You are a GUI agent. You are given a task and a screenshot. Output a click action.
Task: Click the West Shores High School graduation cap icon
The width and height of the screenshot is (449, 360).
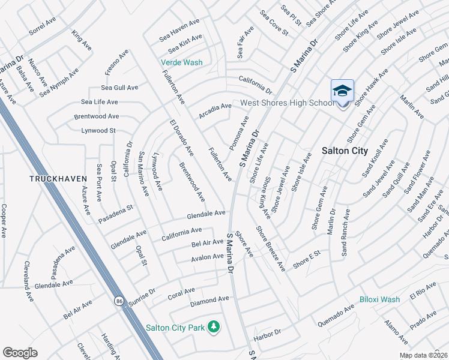(342, 91)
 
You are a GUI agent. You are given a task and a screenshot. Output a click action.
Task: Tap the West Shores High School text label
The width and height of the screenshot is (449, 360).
(287, 103)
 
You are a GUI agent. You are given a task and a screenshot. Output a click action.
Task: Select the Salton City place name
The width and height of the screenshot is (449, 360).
(345, 151)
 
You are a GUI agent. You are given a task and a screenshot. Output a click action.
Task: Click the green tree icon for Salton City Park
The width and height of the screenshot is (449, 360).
(214, 327)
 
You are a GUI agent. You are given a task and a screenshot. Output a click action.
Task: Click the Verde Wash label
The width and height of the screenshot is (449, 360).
(181, 62)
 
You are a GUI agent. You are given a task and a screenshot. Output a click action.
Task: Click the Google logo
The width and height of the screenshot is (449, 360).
(20, 352)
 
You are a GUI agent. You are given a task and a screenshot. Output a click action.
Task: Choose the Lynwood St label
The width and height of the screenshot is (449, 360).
(98, 130)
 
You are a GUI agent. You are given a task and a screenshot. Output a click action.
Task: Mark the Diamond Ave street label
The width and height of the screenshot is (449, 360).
(210, 299)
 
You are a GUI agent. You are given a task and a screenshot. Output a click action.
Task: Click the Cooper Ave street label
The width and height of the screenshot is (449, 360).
(4, 221)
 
